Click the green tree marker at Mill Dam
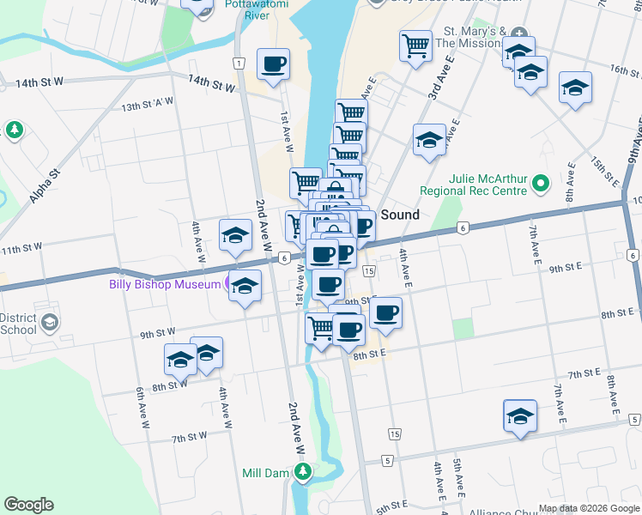[x=302, y=471]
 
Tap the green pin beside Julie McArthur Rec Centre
[x=540, y=183]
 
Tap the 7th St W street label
[x=191, y=437]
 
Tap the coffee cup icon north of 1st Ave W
[x=273, y=64]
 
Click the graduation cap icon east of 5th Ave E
[x=520, y=416]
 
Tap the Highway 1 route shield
[x=238, y=63]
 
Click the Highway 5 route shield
[x=388, y=461]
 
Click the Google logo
[x=28, y=505]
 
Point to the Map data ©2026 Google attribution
[x=588, y=508]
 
